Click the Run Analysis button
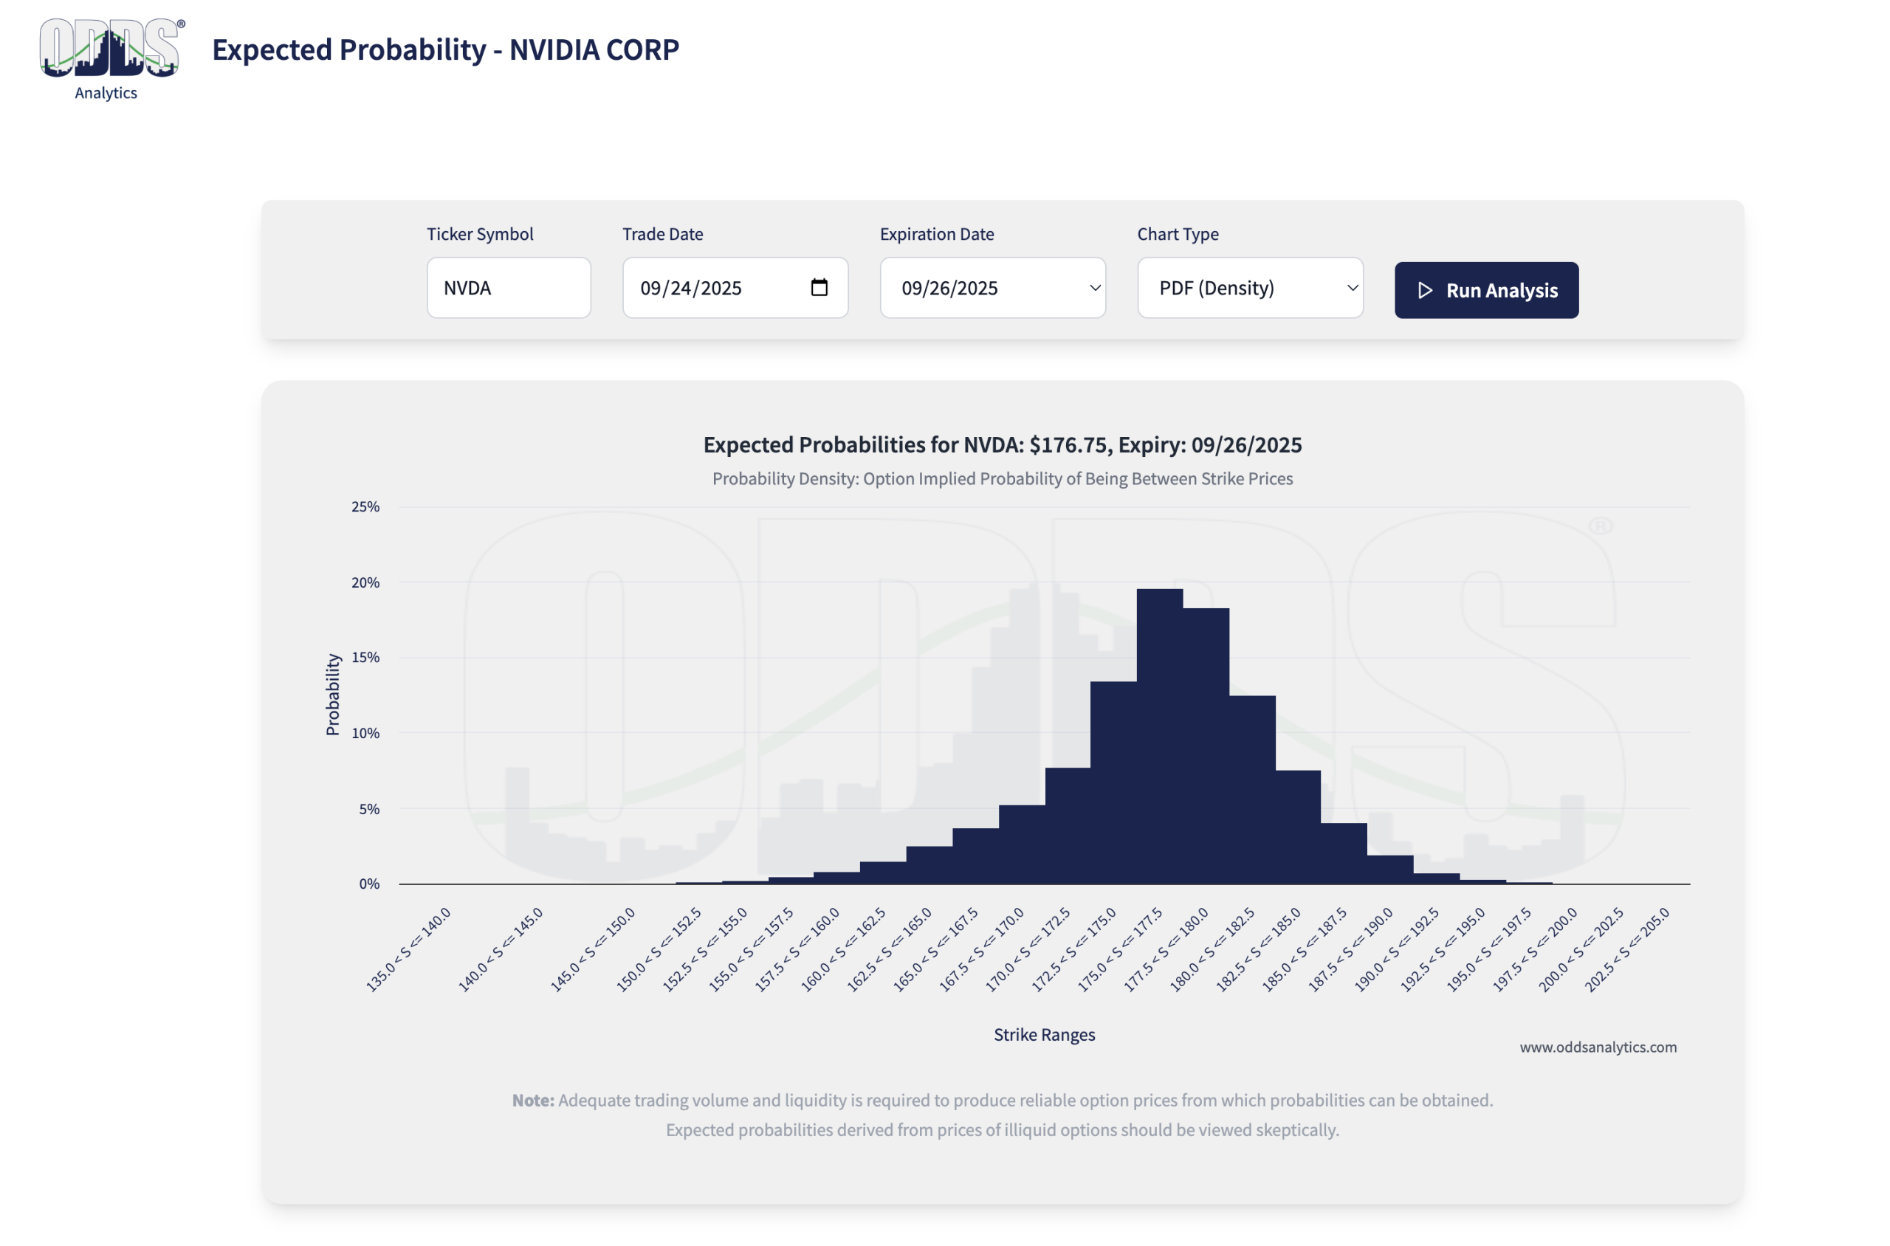point(1485,290)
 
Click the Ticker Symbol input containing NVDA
point(508,288)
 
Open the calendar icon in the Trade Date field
point(819,287)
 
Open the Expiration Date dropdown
point(992,288)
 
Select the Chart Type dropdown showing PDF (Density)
point(1249,288)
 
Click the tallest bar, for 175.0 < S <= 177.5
point(1159,736)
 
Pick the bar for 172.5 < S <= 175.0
point(1113,782)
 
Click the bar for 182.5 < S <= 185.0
point(1298,827)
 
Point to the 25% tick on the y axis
point(365,506)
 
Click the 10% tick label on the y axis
point(365,733)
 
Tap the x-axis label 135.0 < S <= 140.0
point(408,949)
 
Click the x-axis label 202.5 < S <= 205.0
point(1627,949)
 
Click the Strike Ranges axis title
point(1043,1034)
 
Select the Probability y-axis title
point(332,695)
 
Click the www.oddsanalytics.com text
point(1598,1047)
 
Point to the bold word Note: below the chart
point(532,1100)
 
